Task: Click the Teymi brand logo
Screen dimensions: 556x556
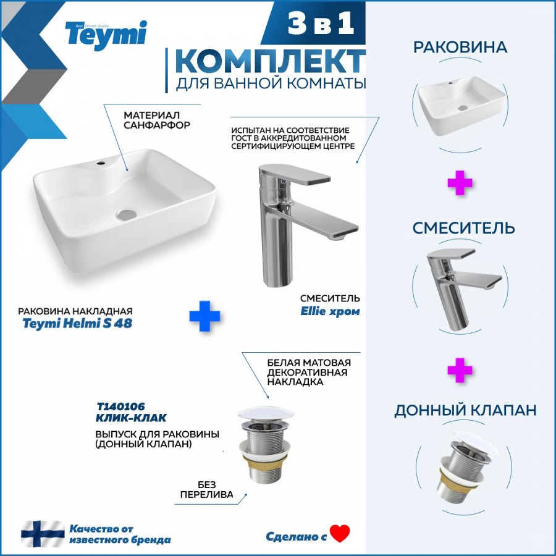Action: coord(106,35)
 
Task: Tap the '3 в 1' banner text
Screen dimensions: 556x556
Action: coord(321,23)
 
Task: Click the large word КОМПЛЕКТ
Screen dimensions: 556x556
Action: coord(271,61)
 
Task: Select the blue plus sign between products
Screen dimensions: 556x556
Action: coord(204,316)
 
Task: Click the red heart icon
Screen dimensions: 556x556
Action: coord(340,533)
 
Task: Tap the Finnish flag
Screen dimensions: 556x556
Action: coord(43,534)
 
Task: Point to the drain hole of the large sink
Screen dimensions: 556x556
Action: coord(127,214)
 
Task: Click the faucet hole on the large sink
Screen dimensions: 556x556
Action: coord(101,164)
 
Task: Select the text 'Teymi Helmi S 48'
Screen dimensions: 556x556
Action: coord(77,323)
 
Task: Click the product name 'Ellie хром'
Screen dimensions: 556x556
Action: coord(330,311)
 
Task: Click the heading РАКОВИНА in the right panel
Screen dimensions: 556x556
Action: coord(460,47)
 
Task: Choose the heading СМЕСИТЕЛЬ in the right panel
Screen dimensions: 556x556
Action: coord(463,228)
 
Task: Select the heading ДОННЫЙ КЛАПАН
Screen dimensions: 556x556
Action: coord(465,410)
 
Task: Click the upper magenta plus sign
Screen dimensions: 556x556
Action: coord(460,183)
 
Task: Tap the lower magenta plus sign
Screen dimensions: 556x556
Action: coord(460,370)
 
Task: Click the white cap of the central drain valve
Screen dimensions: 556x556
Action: coord(266,414)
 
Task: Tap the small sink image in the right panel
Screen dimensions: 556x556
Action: coord(461,105)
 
